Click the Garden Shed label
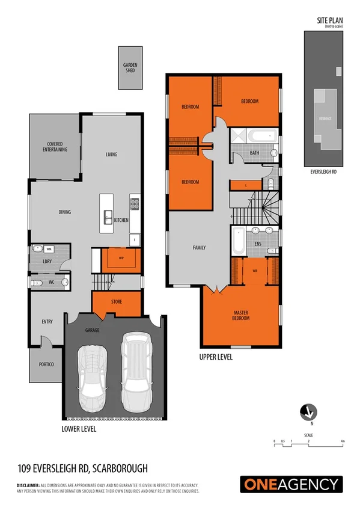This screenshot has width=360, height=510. [129, 68]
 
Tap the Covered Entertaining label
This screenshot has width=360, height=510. [57, 147]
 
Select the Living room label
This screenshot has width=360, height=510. [111, 155]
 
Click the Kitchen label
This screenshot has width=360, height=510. [121, 220]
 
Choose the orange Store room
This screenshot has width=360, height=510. [117, 302]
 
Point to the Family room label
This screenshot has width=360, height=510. [199, 247]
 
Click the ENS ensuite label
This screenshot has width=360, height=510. [258, 244]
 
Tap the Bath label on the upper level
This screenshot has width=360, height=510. [255, 153]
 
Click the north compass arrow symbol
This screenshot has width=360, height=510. [308, 413]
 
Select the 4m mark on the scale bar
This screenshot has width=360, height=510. [343, 441]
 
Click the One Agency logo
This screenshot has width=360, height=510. [291, 484]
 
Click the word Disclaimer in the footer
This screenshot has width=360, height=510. [28, 485]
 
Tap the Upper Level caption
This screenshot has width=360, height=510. [216, 357]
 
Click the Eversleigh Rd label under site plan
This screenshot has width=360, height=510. [323, 171]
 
